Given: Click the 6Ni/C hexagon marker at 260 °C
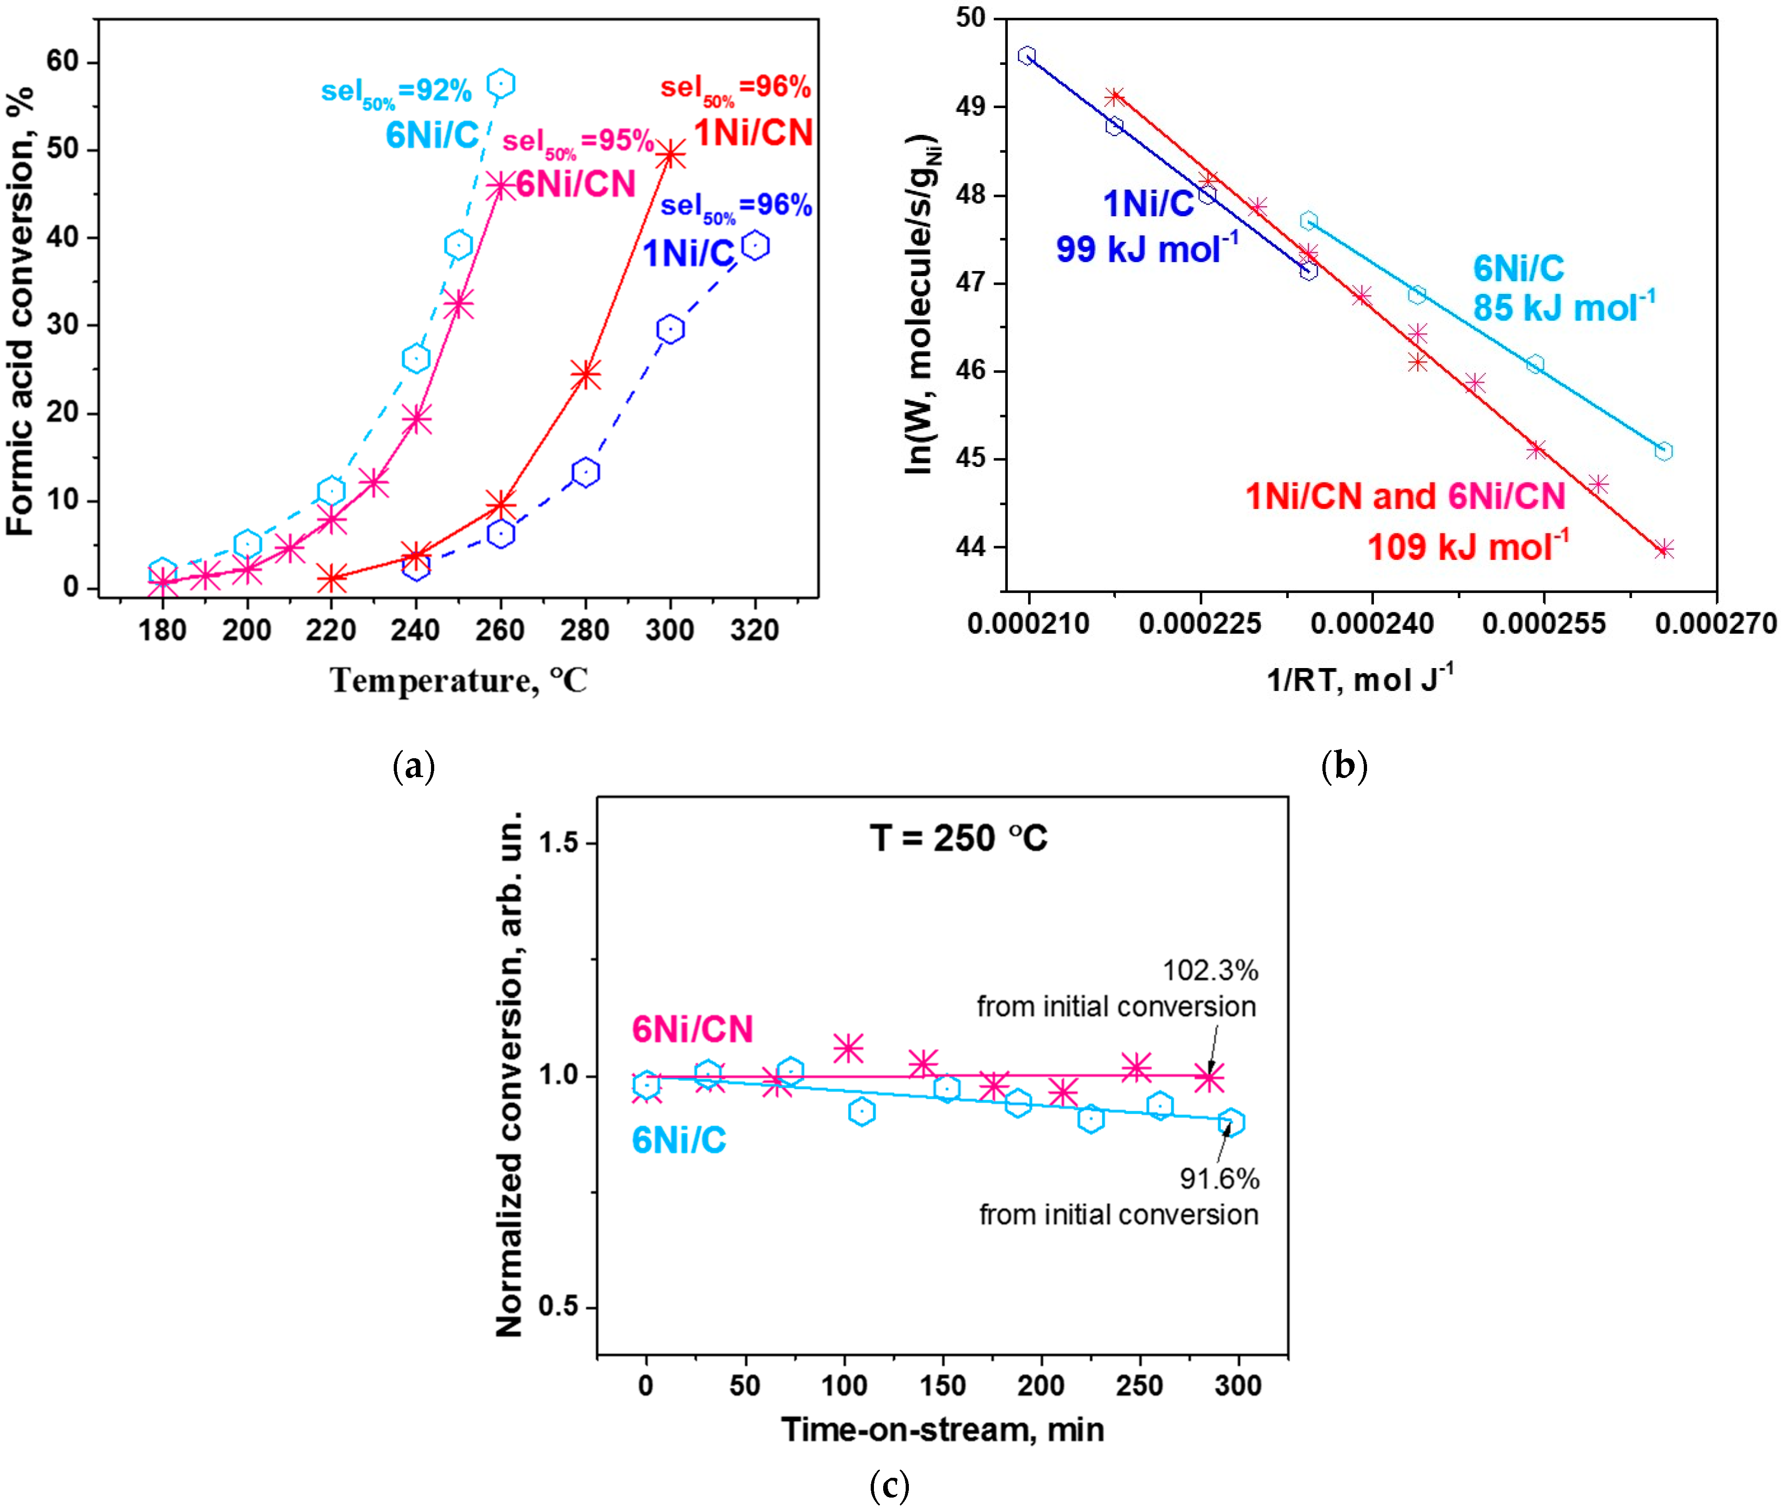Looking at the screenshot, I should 500,84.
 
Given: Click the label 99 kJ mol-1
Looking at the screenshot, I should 1147,249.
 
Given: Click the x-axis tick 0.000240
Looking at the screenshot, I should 1372,623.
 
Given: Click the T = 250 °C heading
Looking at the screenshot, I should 959,838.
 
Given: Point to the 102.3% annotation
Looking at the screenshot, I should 1209,971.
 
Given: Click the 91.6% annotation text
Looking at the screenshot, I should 1219,1179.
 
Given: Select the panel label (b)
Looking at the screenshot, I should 1344,764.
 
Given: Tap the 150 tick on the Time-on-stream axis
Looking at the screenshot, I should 943,1386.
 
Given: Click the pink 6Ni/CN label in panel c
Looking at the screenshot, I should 691,1029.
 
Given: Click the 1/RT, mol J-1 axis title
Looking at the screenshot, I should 1359,680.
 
